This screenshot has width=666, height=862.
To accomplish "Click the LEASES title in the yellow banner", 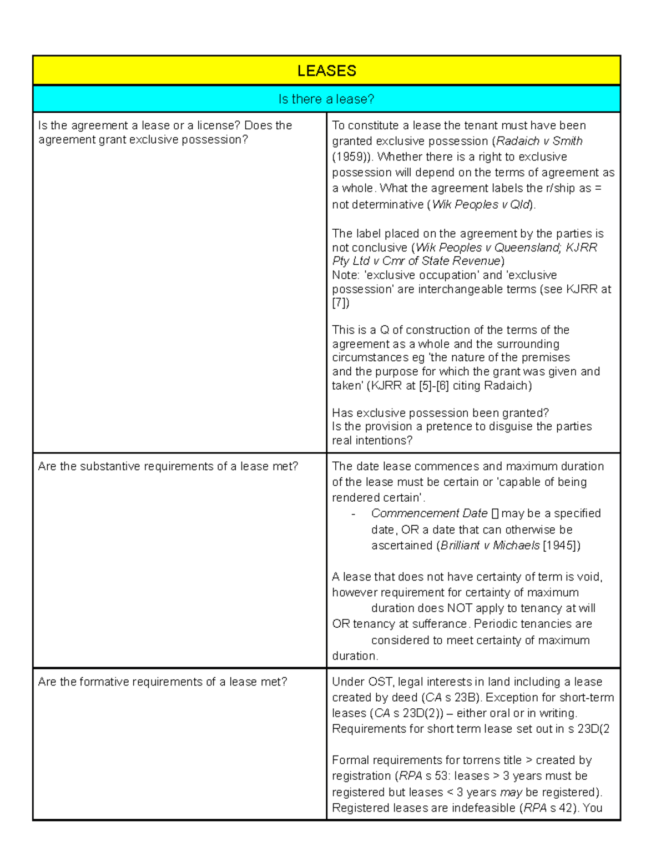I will tap(326, 70).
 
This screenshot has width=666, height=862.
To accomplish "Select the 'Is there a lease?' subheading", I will tap(326, 99).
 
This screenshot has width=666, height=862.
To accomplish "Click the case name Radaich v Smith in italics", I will tap(539, 141).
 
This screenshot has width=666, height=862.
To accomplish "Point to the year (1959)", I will tap(352, 157).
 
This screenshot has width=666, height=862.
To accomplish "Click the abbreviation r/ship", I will tap(557, 188).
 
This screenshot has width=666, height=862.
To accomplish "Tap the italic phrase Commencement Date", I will tap(429, 513).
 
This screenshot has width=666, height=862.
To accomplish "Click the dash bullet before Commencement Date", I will tap(354, 514).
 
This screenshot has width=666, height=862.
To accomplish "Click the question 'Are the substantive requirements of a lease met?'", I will tap(168, 466).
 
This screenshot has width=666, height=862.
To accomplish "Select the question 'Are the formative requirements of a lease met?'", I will tap(163, 682).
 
